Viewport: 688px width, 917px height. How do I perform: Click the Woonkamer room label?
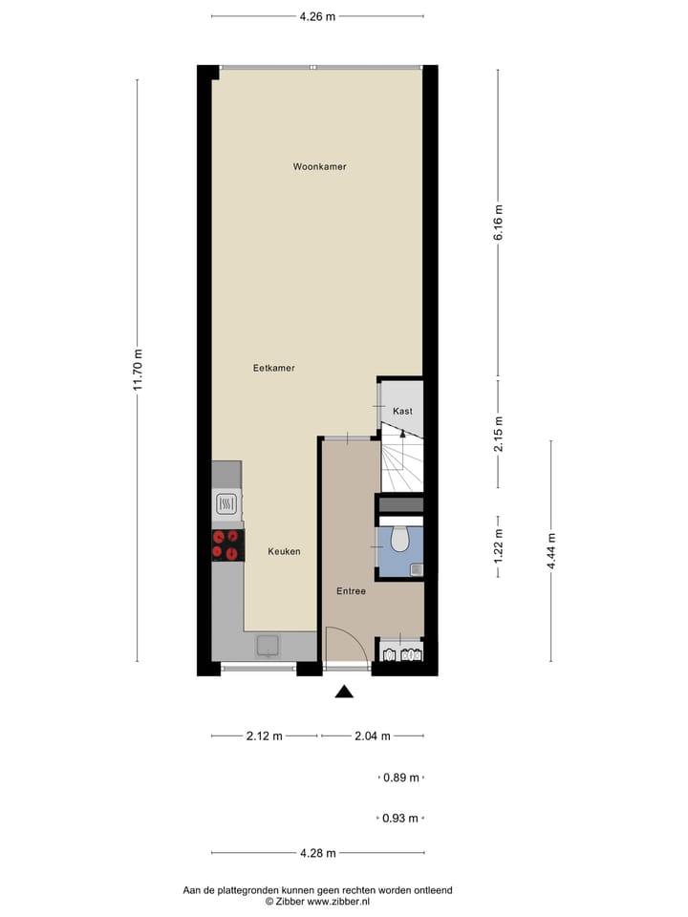pos(319,166)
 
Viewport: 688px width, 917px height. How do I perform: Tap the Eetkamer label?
pos(273,368)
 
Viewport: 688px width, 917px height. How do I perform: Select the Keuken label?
pos(284,551)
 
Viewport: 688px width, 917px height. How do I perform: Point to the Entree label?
pos(351,591)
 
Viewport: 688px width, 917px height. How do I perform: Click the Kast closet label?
pos(402,411)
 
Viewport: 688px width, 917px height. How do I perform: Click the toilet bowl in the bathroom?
pos(399,542)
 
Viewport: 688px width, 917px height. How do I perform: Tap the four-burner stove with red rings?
pos(227,544)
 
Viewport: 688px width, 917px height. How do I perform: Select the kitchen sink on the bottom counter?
pos(268,647)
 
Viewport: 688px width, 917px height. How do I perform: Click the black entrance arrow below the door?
pos(344,692)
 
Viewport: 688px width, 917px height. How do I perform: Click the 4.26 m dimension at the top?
pos(317,16)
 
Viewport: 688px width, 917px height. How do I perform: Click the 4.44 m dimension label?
pos(551,551)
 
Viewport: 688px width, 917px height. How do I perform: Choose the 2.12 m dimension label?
pos(264,736)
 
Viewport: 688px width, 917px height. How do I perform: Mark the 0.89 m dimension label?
pos(400,778)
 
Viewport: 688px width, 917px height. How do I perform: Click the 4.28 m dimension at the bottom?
pos(317,852)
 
